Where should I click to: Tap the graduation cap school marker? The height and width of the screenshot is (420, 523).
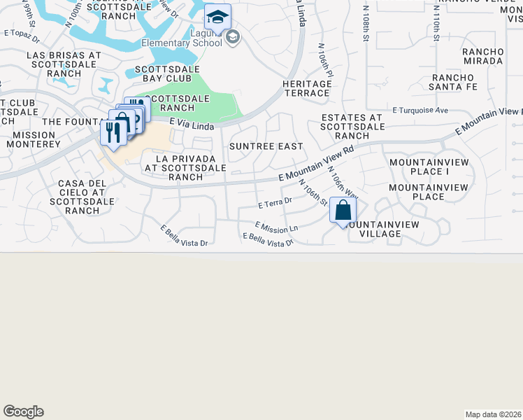click(217, 17)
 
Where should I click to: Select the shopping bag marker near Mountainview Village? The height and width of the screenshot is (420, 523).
click(343, 211)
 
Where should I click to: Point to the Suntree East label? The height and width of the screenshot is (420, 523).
click(266, 146)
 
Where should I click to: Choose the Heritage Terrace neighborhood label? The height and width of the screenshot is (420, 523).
click(306, 88)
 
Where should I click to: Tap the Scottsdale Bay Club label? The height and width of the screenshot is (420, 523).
click(167, 74)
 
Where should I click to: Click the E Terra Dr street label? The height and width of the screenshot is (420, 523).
click(274, 204)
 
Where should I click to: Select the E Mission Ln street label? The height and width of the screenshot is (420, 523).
click(277, 227)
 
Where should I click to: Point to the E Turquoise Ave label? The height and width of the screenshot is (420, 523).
click(420, 111)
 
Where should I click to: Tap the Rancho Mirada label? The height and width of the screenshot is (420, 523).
click(482, 56)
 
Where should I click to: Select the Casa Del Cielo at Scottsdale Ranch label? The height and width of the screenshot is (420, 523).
click(81, 197)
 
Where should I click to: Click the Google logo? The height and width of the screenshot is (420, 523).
click(23, 412)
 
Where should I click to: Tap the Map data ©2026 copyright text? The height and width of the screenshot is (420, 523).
click(493, 414)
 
